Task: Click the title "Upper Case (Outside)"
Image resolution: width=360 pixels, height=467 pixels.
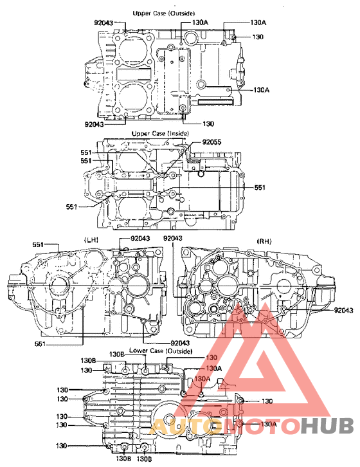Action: [x=164, y=13]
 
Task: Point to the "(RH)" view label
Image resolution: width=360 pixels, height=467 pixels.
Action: [x=264, y=241]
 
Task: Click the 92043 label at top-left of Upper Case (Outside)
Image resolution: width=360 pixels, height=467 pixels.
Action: [x=104, y=23]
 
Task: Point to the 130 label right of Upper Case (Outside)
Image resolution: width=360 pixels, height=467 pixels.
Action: [x=258, y=37]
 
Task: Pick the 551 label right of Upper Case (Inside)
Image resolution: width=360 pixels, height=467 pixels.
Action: [x=259, y=187]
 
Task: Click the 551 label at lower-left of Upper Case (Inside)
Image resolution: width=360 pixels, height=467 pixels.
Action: [x=72, y=206]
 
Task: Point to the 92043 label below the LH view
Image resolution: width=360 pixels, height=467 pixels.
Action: [x=181, y=343]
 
